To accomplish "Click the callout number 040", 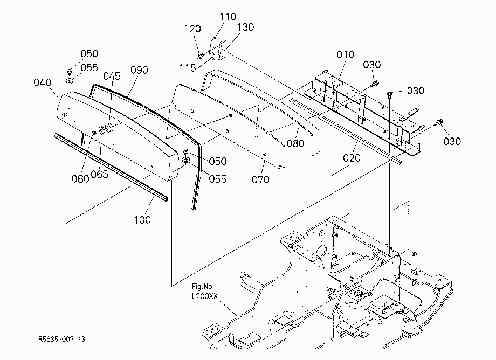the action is click(43, 82).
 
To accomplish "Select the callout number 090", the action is click(139, 70).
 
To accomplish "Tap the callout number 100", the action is click(142, 220).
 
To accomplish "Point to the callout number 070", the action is click(260, 179).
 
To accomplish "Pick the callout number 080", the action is click(295, 143).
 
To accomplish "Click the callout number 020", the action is click(352, 157).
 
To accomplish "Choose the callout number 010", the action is click(346, 54).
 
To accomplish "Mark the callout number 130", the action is click(246, 27).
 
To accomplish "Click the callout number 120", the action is click(192, 29).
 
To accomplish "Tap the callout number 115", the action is click(188, 68).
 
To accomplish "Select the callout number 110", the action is click(228, 17).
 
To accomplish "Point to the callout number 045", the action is click(112, 76).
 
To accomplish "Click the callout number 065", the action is click(99, 174).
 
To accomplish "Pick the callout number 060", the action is click(80, 179).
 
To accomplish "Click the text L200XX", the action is click(205, 296).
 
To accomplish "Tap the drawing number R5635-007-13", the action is click(61, 339).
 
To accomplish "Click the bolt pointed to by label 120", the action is click(200, 57).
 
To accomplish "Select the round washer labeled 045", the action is click(109, 127).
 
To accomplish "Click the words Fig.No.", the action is click(203, 287).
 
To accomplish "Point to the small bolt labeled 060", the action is click(94, 133).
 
